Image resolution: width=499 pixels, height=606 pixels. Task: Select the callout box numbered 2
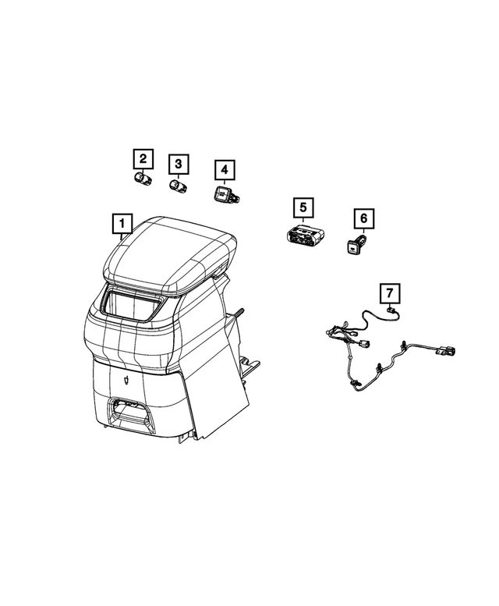point(142,160)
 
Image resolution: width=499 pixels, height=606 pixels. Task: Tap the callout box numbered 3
point(179,164)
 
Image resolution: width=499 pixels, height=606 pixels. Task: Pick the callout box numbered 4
point(223,169)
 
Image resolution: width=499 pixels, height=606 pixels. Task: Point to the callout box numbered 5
point(303,208)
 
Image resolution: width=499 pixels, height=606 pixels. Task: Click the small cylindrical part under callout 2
point(142,181)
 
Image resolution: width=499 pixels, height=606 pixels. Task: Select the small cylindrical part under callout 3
point(179,186)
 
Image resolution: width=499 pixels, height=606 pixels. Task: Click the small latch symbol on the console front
point(126,379)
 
